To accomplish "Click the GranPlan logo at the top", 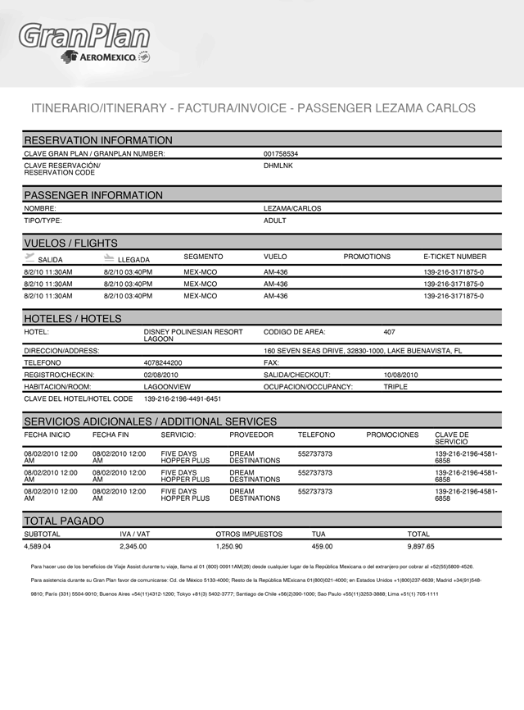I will [84, 35].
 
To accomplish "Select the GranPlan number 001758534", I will [281, 153].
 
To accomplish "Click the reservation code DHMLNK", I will [278, 166].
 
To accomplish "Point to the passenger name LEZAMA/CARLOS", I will [292, 208].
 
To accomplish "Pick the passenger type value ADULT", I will [275, 221].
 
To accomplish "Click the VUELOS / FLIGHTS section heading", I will [70, 243].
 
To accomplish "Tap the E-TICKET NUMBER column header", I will [454, 257].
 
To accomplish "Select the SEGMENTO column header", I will [203, 257].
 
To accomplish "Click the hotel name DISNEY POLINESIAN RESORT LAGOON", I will [193, 335].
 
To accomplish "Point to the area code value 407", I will [390, 332].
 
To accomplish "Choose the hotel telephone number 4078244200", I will [163, 362].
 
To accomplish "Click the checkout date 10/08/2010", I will [400, 375].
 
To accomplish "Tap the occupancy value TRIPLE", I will [395, 386].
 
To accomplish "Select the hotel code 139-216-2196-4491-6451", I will [183, 399].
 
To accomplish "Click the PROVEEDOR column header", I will [251, 435].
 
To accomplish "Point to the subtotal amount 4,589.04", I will [37, 546].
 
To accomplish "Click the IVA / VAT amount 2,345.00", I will [133, 546].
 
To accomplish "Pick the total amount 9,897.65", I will [421, 546].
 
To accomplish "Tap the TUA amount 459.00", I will [322, 546].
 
